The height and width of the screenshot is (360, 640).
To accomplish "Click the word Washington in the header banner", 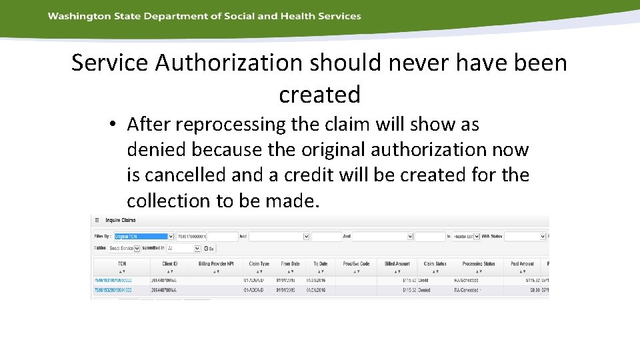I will [73, 16].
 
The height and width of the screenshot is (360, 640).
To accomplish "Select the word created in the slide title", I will [319, 94].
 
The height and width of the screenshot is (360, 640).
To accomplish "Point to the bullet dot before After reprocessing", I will [115, 125].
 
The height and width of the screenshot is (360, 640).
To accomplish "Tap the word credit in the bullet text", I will [381, 175].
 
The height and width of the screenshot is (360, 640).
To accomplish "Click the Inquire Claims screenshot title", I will [120, 220].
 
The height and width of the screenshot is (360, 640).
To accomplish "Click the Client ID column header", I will [169, 264].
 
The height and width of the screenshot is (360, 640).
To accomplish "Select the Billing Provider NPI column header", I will [216, 264].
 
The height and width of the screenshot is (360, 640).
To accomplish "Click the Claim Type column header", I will [259, 264].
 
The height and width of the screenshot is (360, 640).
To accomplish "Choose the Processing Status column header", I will [479, 264].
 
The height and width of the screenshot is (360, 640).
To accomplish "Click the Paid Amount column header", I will [522, 264].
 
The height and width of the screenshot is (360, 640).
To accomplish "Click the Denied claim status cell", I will [425, 290].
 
